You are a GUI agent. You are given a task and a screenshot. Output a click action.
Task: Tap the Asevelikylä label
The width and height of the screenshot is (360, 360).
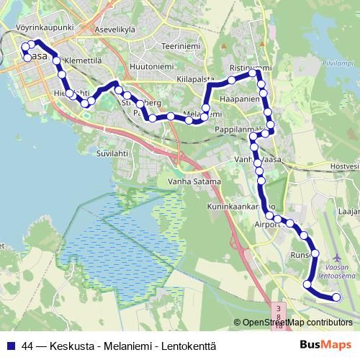tap(117, 30)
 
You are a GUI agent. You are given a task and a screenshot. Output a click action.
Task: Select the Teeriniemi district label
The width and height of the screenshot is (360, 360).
tap(179, 45)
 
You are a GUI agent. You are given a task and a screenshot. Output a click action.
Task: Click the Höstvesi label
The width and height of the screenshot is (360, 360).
tap(344, 167)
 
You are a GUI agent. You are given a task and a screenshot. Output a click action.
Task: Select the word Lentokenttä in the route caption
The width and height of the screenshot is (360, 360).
tap(189, 346)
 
